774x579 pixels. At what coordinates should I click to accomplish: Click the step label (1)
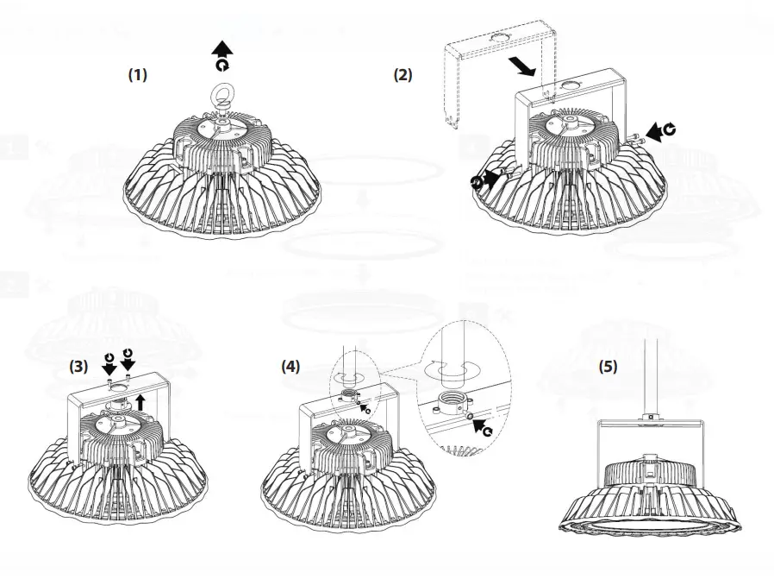(x=138, y=75)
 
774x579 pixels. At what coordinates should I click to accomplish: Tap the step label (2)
(x=403, y=75)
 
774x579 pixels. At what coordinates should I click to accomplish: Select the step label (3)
(x=79, y=366)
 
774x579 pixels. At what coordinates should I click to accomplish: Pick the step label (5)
(x=609, y=366)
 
